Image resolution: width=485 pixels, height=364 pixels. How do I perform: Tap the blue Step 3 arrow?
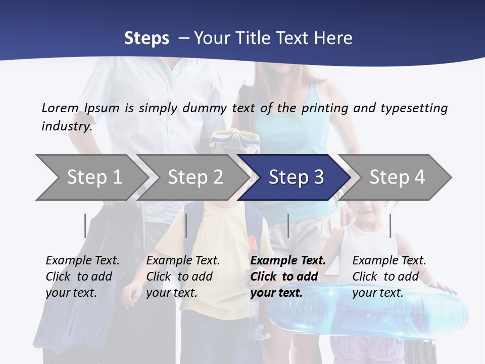(x=296, y=177)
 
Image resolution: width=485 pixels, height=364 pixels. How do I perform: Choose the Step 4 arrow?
(x=397, y=177)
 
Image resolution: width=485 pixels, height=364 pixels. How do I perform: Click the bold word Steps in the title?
(x=147, y=38)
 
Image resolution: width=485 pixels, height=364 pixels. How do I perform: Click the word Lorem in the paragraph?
(x=60, y=108)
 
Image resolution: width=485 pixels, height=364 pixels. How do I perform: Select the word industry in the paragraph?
(x=67, y=126)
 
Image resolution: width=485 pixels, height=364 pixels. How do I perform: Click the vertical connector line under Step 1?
(x=85, y=225)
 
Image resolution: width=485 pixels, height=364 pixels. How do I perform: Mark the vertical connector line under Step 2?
(x=186, y=225)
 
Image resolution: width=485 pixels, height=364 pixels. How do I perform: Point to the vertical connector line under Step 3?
(x=288, y=225)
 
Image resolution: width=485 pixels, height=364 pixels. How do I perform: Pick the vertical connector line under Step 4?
(x=390, y=225)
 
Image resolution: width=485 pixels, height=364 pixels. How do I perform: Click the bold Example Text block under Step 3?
(x=288, y=277)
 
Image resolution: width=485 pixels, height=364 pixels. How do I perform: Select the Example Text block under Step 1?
(x=82, y=277)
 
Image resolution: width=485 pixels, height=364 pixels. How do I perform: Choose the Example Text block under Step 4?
(x=389, y=277)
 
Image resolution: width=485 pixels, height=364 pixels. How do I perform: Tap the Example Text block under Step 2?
(x=183, y=277)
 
